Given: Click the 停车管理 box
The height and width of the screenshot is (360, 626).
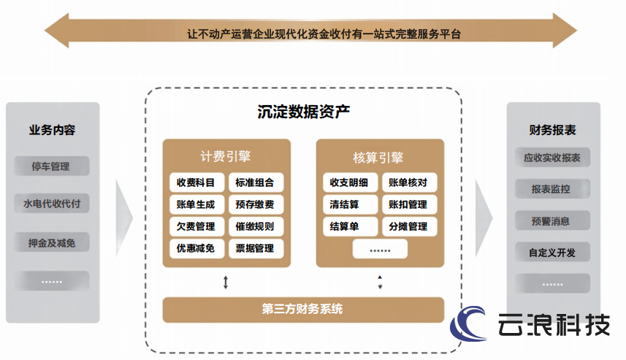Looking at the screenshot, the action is click(x=52, y=166).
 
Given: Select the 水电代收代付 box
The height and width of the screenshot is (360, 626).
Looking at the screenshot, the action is click(x=52, y=204).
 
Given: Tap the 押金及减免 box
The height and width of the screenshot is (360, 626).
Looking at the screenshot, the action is click(x=52, y=242).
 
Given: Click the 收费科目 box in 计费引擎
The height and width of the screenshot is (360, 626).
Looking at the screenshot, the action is click(x=196, y=183).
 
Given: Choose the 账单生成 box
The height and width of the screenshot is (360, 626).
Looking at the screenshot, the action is click(x=196, y=204).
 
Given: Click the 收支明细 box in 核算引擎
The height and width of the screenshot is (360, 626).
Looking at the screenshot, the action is click(x=350, y=183).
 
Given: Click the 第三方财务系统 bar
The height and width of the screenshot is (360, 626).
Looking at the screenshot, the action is click(x=303, y=310).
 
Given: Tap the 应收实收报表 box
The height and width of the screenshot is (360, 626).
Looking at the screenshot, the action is click(x=552, y=158).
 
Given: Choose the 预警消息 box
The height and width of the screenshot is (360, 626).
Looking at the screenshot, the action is click(x=552, y=221).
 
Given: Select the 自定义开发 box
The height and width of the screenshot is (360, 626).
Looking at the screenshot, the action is click(x=552, y=252).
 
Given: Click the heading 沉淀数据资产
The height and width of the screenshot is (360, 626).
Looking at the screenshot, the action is click(x=303, y=112).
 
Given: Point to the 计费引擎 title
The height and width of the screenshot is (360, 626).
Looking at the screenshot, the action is click(x=226, y=156).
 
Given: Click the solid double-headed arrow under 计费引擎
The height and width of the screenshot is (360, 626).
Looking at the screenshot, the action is click(x=226, y=282).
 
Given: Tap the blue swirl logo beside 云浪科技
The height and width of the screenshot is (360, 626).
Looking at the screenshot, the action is click(x=468, y=323).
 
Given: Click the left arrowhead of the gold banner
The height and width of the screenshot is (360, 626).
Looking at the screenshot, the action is click(x=57, y=31).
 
